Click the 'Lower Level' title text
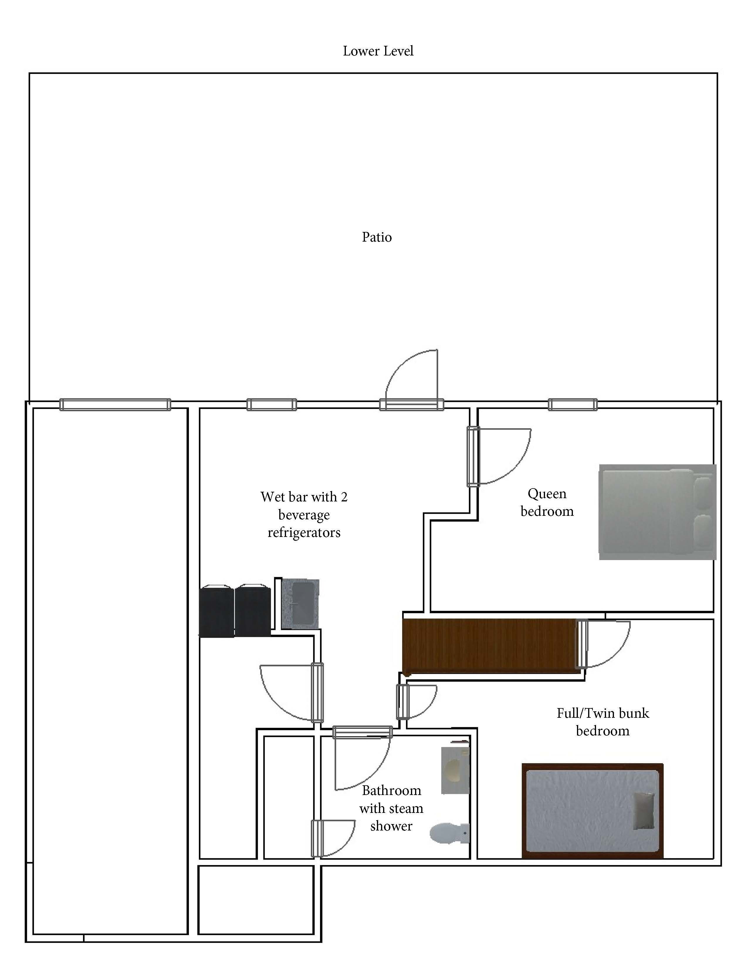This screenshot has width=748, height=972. point(378,51)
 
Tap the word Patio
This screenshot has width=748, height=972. point(377,237)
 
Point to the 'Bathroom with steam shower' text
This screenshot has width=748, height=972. point(391,808)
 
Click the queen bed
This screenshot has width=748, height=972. point(657,512)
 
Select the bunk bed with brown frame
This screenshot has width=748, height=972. point(592,811)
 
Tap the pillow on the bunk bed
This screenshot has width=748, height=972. point(644,811)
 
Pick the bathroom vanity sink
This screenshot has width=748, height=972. point(455,770)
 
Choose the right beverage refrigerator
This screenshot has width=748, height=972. point(253,610)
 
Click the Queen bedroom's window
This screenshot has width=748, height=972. point(573,405)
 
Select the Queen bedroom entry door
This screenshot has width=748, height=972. point(499,456)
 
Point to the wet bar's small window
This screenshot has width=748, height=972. point(272,405)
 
